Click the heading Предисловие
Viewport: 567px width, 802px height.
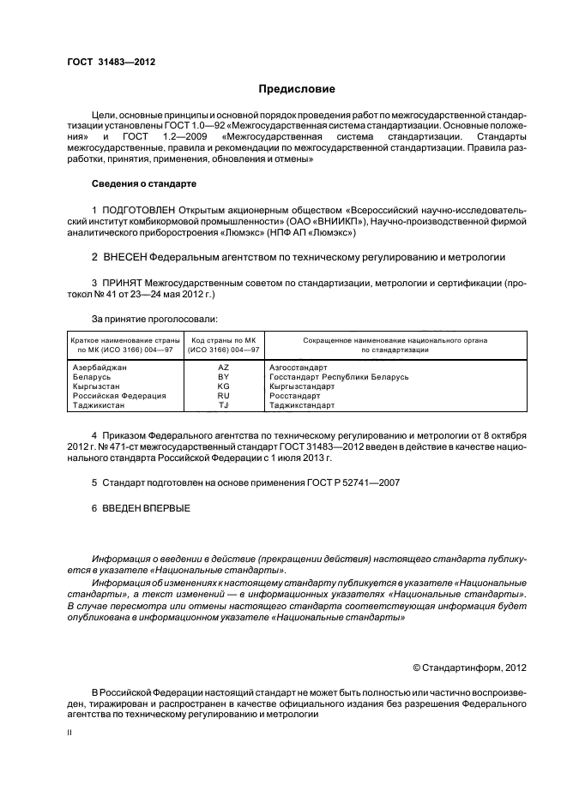click(x=297, y=89)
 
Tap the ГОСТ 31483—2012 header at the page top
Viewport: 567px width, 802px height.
click(x=111, y=62)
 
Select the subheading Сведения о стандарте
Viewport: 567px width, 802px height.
click(x=144, y=184)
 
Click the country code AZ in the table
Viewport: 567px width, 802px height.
click(x=224, y=367)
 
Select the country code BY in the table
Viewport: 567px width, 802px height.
click(x=224, y=376)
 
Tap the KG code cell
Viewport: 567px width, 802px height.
click(x=224, y=386)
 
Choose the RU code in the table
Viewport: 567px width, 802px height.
click(x=224, y=396)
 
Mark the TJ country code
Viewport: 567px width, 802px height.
click(x=224, y=405)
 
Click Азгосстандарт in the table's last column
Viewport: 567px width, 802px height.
click(x=299, y=367)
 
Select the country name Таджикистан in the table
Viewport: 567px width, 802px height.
click(x=100, y=405)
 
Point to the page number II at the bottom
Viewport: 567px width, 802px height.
click(x=70, y=733)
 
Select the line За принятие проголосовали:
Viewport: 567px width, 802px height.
click(x=145, y=319)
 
